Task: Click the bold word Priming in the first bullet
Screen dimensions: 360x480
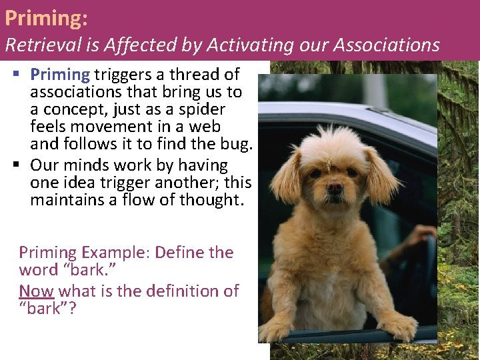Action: pos(60,75)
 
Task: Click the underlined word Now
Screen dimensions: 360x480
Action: pos(37,291)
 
